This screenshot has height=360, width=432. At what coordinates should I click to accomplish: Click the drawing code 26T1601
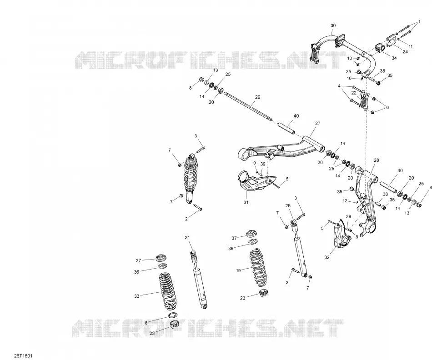click(x=23, y=356)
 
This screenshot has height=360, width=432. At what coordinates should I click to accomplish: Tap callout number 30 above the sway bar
click(x=333, y=25)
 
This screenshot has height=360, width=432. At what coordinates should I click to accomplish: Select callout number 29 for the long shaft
click(x=257, y=97)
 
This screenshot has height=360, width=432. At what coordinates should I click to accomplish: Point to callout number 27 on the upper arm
click(x=318, y=123)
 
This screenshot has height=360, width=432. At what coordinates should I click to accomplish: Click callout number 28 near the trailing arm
click(x=377, y=160)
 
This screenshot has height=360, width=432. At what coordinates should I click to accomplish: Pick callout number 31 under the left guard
click(x=246, y=202)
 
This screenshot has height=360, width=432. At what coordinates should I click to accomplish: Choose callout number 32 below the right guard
click(x=327, y=258)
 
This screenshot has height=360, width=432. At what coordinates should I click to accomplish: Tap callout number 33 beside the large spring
click(x=137, y=296)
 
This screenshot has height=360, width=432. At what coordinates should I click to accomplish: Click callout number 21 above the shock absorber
click(x=187, y=238)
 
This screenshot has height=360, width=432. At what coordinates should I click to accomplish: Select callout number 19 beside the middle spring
click(x=238, y=271)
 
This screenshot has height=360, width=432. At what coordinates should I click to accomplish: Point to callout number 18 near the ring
click(x=145, y=323)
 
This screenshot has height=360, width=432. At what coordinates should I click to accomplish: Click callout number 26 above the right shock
click(x=288, y=206)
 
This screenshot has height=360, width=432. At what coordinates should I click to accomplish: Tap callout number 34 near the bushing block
click(x=394, y=58)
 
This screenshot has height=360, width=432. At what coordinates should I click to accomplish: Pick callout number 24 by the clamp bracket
click(x=405, y=51)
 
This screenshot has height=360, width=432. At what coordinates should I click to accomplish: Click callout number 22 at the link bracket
click(x=354, y=93)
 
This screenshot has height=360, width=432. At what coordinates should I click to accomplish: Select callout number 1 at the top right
click(x=420, y=22)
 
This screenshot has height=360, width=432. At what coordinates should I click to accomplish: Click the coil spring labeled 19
click(x=258, y=264)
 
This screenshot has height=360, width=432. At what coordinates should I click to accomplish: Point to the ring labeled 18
click(x=172, y=315)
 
